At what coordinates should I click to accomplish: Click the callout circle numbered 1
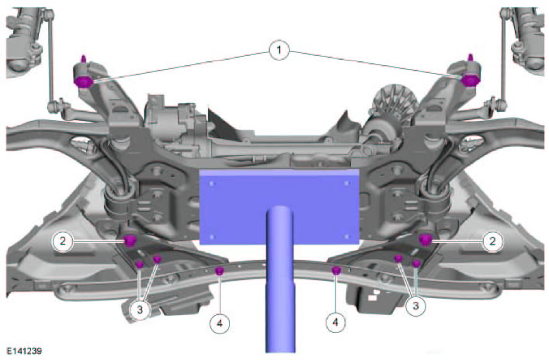tap(279, 50)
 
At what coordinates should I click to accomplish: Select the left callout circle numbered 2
tap(63, 241)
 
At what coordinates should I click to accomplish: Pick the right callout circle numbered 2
tap(492, 241)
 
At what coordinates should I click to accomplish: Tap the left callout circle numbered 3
tap(140, 310)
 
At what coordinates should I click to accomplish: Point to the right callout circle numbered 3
tap(415, 306)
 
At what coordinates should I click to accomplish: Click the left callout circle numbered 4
tap(220, 324)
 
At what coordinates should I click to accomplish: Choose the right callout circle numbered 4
tap(335, 322)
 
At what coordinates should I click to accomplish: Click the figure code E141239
tap(24, 351)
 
